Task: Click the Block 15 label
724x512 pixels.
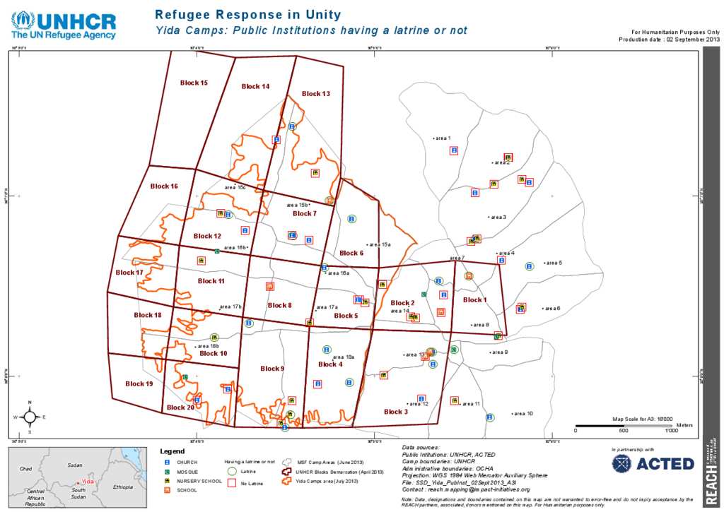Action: coord(194,83)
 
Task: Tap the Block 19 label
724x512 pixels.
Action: coord(139,383)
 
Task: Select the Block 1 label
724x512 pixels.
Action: coord(474,300)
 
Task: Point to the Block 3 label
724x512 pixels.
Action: coord(395,412)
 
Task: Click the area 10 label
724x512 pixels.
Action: coord(523,413)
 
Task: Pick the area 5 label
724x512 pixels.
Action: coord(553,263)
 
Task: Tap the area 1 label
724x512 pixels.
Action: coord(442,138)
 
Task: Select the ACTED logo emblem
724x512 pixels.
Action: coord(621,463)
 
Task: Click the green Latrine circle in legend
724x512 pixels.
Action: coord(231,471)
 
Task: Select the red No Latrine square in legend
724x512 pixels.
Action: coord(231,484)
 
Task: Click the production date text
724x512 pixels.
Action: coord(669,40)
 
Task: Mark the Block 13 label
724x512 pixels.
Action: coord(315,93)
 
